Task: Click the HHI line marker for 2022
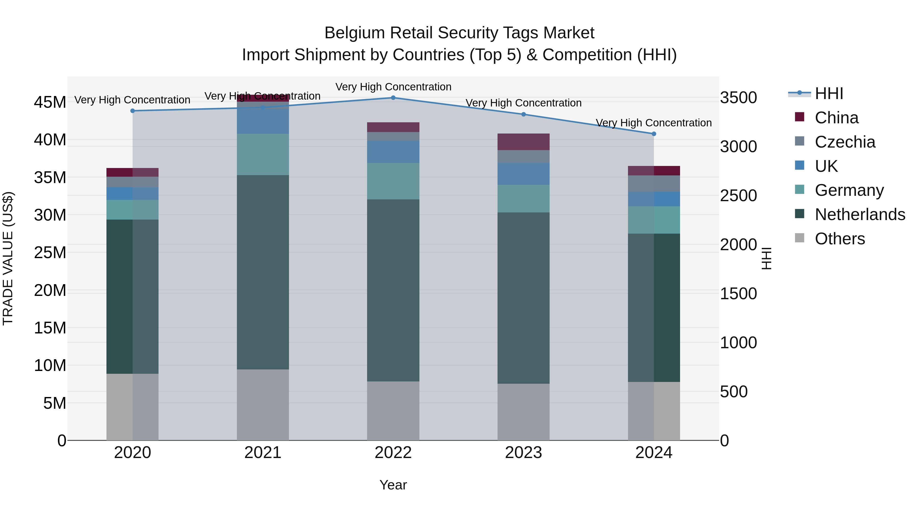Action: (x=393, y=98)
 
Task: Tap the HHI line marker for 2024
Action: (x=654, y=134)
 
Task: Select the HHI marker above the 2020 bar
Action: (x=133, y=111)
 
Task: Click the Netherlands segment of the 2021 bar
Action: (x=263, y=272)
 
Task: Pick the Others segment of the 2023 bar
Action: (x=523, y=412)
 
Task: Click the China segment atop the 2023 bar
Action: (x=523, y=142)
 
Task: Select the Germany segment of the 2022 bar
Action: (x=393, y=181)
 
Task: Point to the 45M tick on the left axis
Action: (x=50, y=102)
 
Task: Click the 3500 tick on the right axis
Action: (x=738, y=98)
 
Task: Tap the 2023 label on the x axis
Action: (x=523, y=453)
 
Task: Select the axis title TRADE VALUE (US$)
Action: (x=8, y=258)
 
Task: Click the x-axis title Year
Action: (x=393, y=485)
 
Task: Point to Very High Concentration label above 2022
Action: (x=393, y=87)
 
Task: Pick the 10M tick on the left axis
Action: (x=50, y=365)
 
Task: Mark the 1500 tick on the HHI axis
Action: (x=738, y=294)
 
